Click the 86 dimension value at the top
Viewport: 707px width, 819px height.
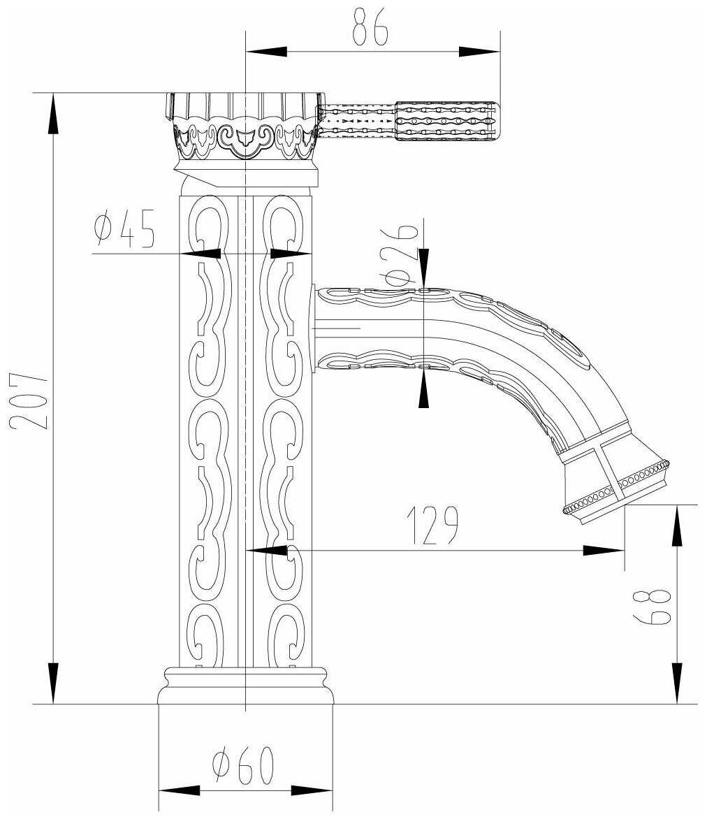[371, 26]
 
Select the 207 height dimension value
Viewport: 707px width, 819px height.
[28, 400]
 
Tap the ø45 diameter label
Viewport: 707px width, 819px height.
[125, 229]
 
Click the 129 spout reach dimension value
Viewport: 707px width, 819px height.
[433, 524]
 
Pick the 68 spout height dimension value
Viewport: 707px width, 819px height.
[652, 607]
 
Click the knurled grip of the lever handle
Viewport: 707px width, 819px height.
[447, 122]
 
